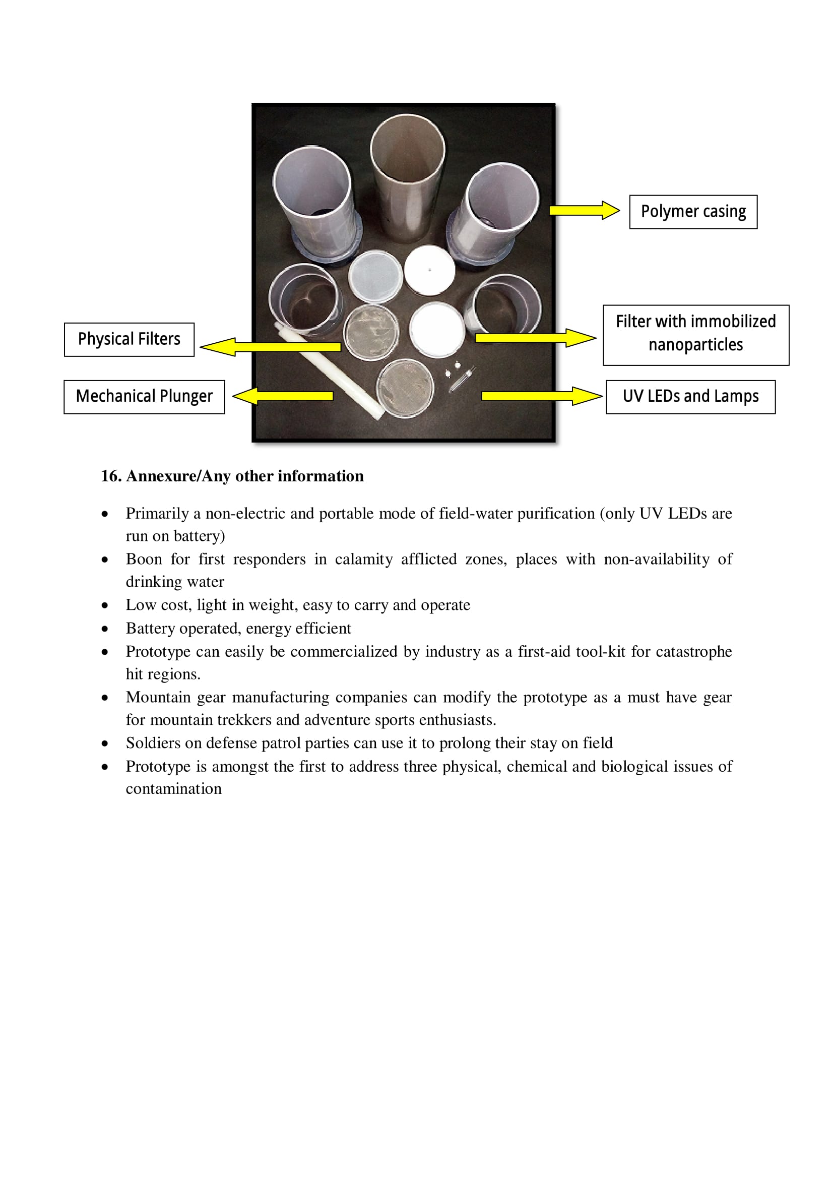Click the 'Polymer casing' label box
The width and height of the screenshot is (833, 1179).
click(693, 212)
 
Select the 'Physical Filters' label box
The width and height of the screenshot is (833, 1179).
click(129, 339)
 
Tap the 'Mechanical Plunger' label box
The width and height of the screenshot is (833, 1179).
click(144, 396)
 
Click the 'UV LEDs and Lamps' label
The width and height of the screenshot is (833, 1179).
click(690, 396)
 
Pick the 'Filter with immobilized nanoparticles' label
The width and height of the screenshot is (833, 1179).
click(695, 335)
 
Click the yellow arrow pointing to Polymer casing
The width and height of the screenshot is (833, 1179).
click(584, 210)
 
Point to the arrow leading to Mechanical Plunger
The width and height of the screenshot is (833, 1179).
click(283, 396)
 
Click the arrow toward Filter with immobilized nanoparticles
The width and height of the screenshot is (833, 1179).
click(535, 338)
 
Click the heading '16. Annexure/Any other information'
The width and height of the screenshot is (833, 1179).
click(232, 476)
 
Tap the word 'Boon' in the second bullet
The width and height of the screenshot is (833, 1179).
click(144, 559)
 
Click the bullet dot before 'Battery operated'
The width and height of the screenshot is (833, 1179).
click(105, 629)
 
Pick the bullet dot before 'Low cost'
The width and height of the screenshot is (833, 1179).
click(105, 605)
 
